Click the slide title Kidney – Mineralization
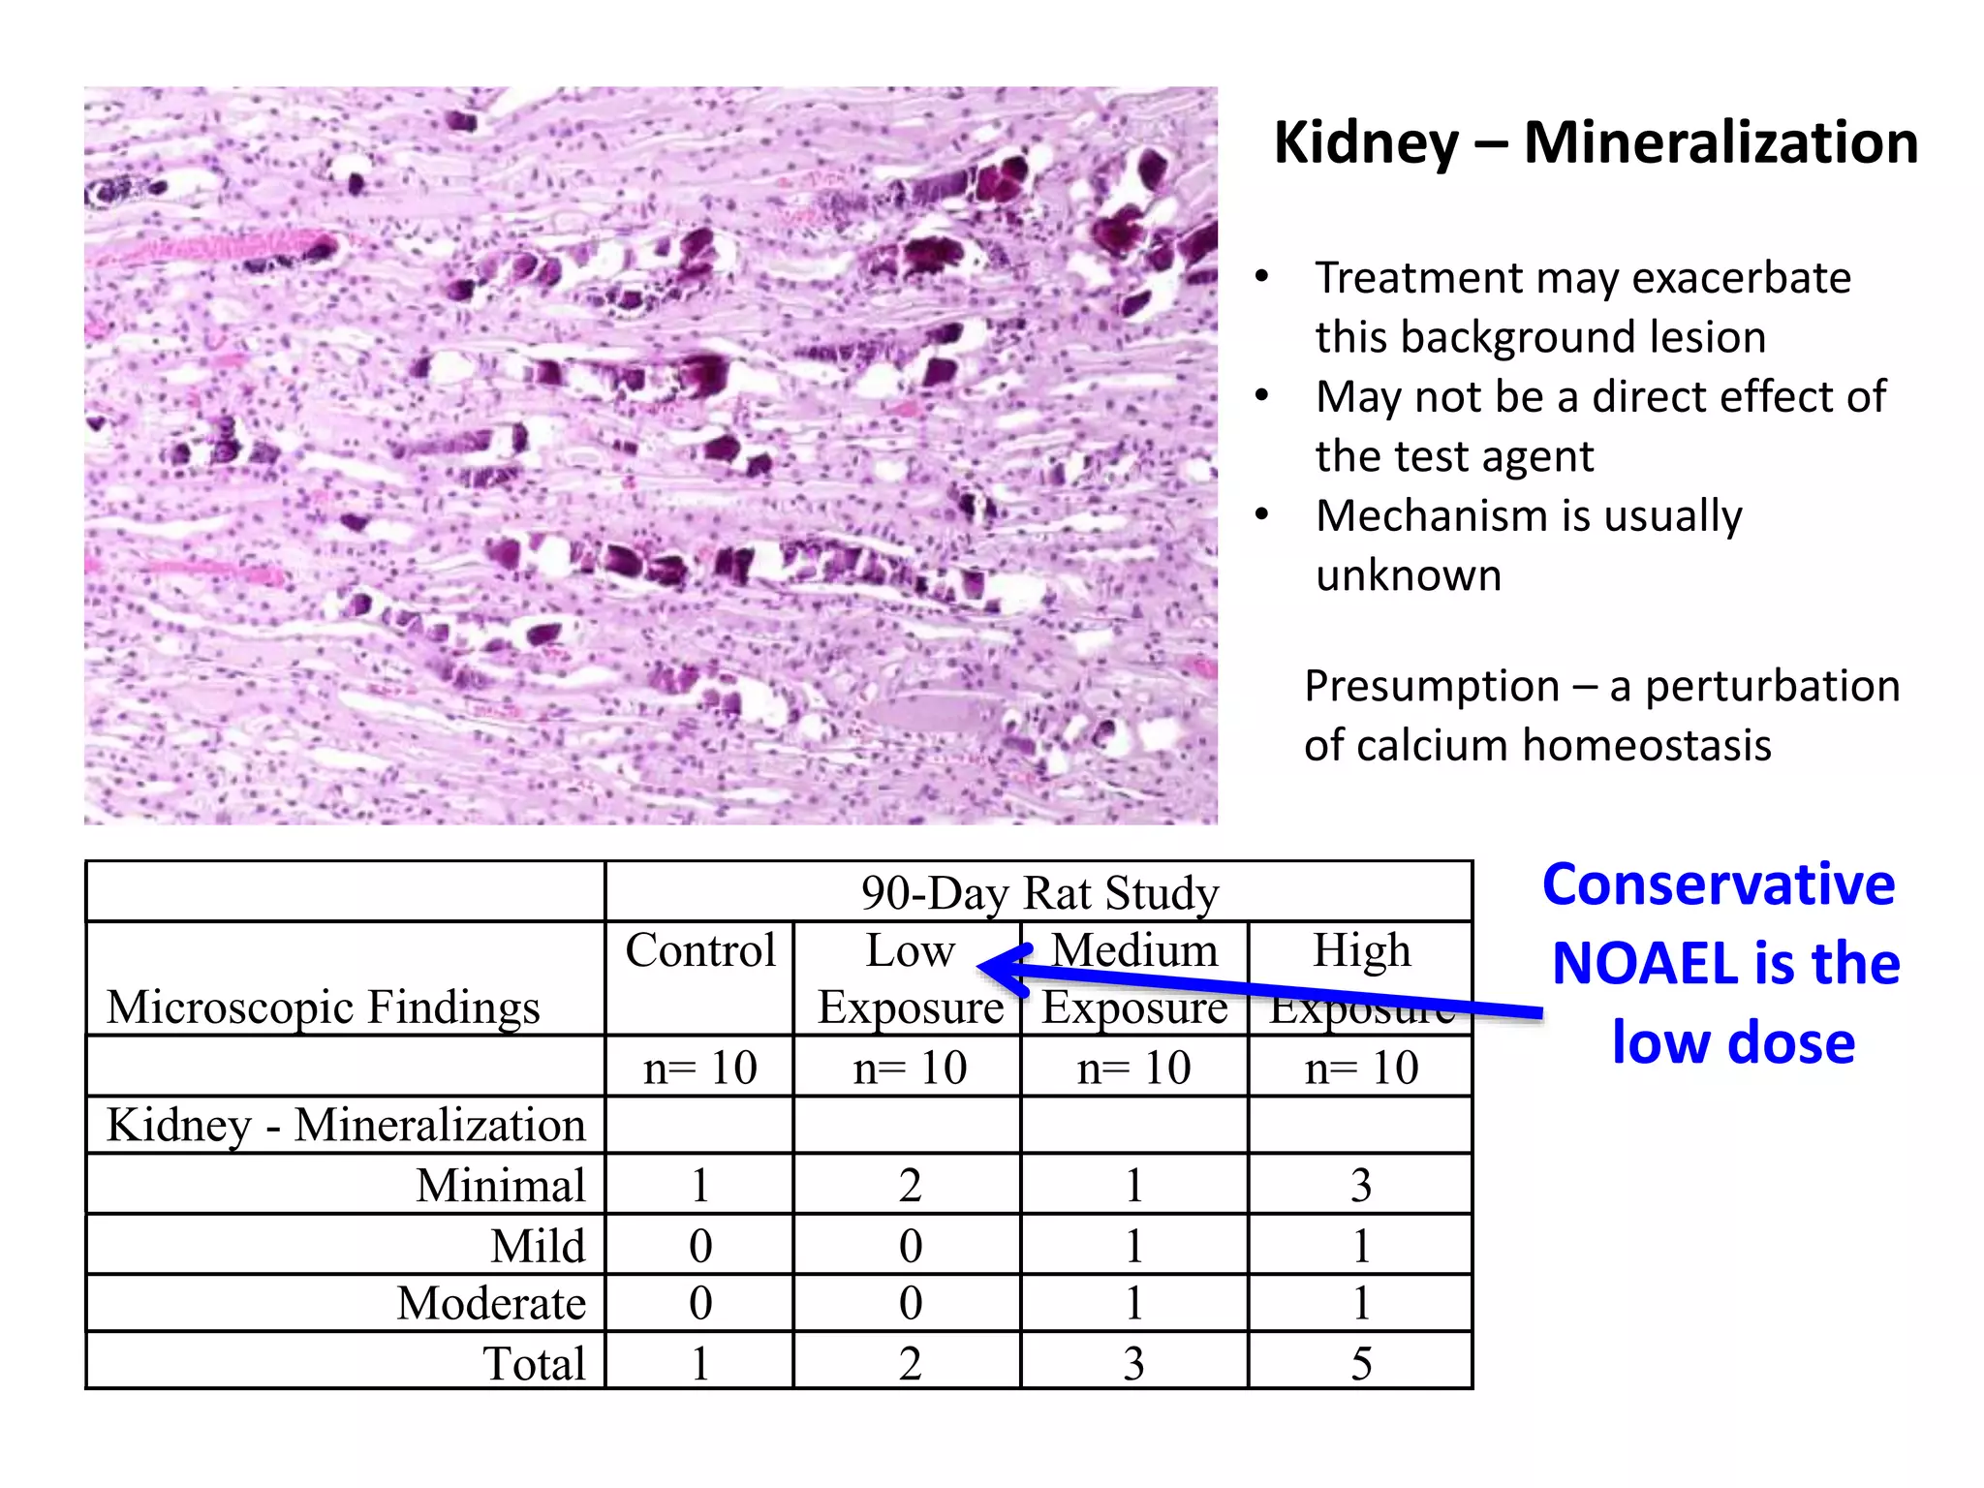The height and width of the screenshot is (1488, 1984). [x=1595, y=142]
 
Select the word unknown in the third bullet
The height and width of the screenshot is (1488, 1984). [x=1408, y=575]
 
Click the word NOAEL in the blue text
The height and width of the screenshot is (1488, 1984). [x=1643, y=964]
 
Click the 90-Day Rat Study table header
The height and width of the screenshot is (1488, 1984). [x=1038, y=892]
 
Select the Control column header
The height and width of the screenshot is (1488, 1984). [x=699, y=950]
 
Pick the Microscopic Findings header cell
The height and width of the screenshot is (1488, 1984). [x=324, y=1007]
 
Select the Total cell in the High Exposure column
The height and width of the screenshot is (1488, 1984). [x=1360, y=1363]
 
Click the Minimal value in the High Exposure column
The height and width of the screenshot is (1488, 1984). [x=1360, y=1185]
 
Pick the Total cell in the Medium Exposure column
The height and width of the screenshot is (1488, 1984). [x=1133, y=1363]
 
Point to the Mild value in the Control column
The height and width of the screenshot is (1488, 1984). [x=699, y=1246]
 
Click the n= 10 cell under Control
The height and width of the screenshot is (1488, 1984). [x=699, y=1068]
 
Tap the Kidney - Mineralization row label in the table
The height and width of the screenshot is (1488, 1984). [x=346, y=1126]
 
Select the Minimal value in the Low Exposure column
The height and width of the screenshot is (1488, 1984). [x=909, y=1185]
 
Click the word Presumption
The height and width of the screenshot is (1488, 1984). [x=1431, y=686]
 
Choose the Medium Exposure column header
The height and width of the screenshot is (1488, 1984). [x=1134, y=978]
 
